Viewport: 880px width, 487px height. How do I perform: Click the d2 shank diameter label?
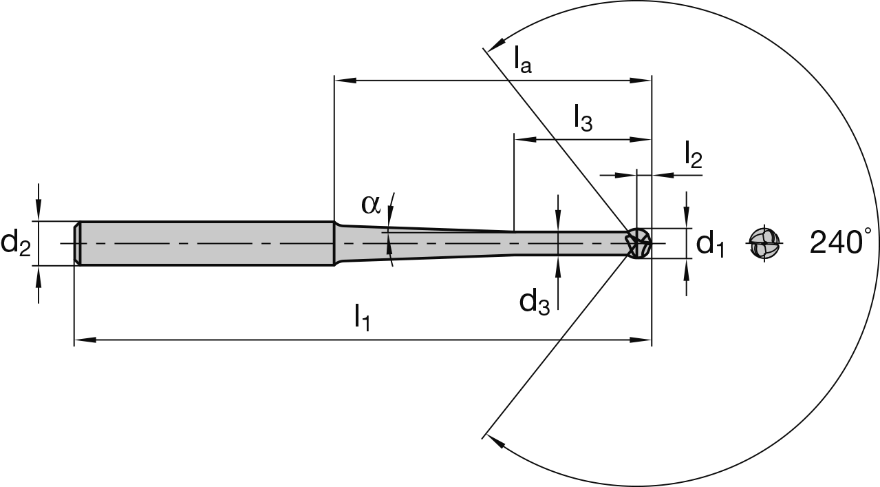(x=16, y=243)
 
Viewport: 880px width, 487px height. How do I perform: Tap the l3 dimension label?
(x=582, y=118)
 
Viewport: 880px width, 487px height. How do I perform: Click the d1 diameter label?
(x=710, y=244)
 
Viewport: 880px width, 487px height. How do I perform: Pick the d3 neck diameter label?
(x=534, y=301)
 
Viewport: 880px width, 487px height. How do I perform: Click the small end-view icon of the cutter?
(x=765, y=243)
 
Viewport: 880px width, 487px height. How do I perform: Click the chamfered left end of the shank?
(x=78, y=243)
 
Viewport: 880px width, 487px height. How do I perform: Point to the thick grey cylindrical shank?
(x=206, y=243)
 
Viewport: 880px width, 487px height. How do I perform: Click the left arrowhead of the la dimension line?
(x=343, y=81)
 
